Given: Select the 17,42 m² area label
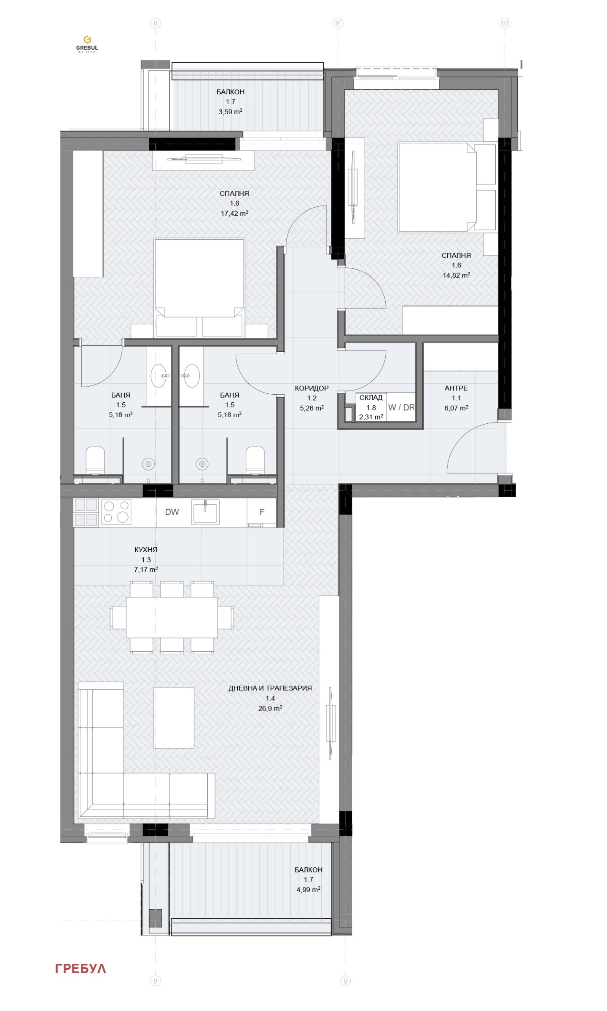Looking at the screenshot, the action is [234, 213].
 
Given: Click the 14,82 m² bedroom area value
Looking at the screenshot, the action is [457, 275].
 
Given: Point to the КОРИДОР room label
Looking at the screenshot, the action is [312, 388].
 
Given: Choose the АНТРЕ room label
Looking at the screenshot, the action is [456, 388].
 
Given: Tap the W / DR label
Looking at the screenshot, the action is [401, 408].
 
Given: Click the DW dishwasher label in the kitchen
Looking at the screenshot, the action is [172, 512].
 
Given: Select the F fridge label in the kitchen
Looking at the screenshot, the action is [262, 512].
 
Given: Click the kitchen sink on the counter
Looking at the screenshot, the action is [205, 512].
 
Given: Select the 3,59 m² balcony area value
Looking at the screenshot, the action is [230, 112].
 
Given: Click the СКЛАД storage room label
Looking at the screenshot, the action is [371, 397].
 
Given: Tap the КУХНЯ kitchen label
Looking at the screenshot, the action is [146, 550].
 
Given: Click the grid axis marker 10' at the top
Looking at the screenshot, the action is [505, 23].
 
